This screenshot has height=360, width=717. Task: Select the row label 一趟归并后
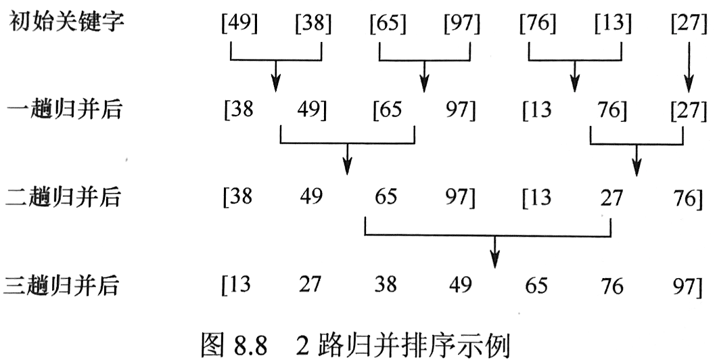pyautogui.click(x=65, y=109)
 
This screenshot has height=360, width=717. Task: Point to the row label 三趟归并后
pyautogui.click(x=65, y=286)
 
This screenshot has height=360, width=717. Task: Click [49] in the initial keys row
pyautogui.click(x=238, y=26)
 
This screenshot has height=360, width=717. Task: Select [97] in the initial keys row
pyautogui.click(x=461, y=26)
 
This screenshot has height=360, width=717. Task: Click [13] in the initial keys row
pyautogui.click(x=613, y=26)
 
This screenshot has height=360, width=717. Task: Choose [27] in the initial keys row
pyautogui.click(x=689, y=26)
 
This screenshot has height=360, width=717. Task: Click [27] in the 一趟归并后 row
pyautogui.click(x=689, y=109)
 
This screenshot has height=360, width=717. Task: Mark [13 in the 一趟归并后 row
pyautogui.click(x=535, y=109)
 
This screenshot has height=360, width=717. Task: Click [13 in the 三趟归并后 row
pyautogui.click(x=237, y=286)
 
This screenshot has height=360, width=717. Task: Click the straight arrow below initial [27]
pyautogui.click(x=689, y=68)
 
